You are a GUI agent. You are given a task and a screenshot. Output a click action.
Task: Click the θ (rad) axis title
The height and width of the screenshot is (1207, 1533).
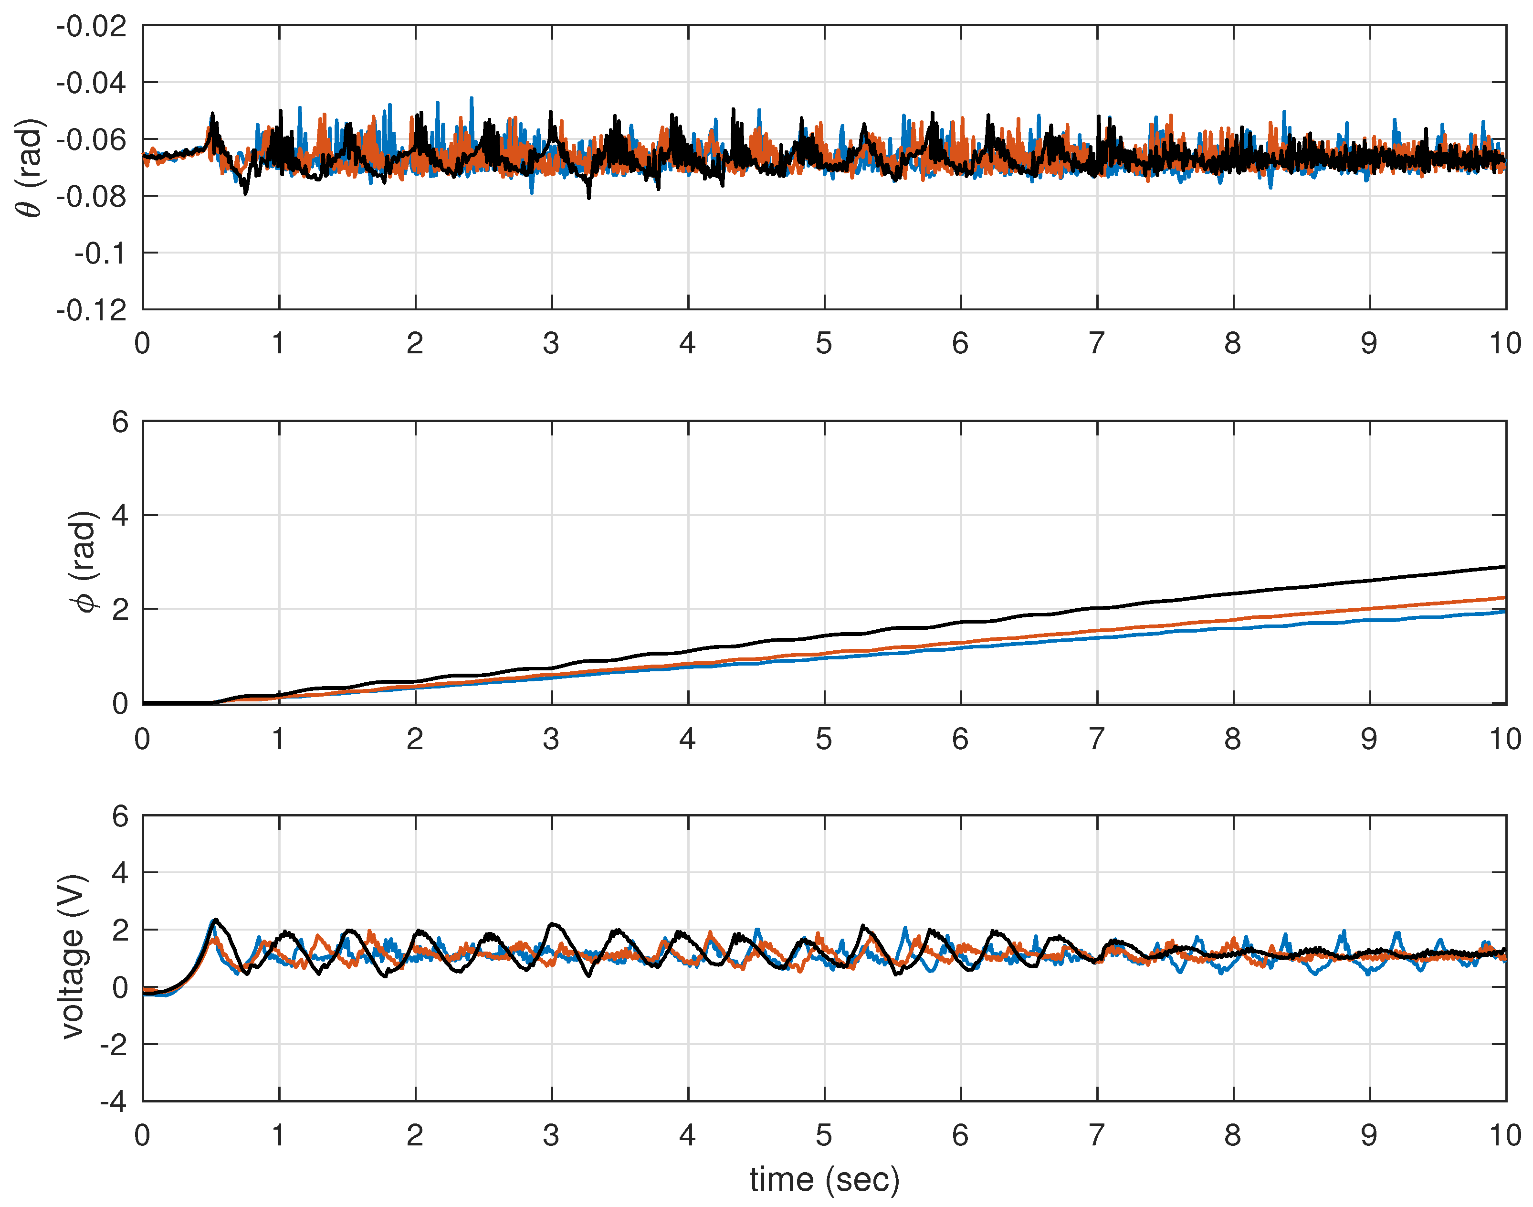(x=30, y=168)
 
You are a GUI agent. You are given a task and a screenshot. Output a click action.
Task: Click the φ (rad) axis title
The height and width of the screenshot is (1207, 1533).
(x=84, y=562)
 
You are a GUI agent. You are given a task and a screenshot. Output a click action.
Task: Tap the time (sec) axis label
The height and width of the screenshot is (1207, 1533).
(x=824, y=1179)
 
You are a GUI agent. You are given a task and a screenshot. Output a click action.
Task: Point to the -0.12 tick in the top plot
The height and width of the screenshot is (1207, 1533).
(x=92, y=310)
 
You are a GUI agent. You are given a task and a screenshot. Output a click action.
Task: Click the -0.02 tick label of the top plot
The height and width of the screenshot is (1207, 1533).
(x=92, y=27)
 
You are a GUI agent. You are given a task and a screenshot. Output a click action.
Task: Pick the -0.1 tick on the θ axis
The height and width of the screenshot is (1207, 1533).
(x=100, y=253)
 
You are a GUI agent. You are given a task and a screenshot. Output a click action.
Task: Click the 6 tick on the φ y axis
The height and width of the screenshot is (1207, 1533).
(x=120, y=422)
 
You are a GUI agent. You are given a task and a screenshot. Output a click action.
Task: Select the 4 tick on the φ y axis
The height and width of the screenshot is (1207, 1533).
(x=120, y=515)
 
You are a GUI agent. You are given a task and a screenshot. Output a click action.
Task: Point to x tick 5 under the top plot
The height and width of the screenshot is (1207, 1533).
(x=824, y=343)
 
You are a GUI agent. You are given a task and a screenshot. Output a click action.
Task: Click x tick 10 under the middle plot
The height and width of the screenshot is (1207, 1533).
(x=1505, y=739)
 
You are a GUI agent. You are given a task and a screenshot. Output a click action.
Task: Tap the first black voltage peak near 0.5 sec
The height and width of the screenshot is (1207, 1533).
(x=215, y=920)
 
